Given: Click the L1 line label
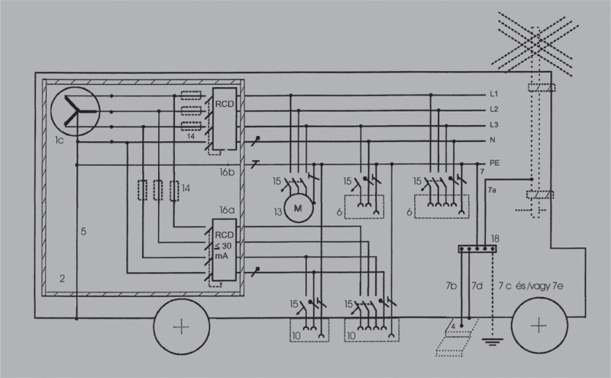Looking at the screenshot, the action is click(x=493, y=94).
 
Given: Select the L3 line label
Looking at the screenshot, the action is click(x=493, y=124).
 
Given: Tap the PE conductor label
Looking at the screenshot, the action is click(x=494, y=163).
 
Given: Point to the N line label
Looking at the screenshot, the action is click(x=493, y=140).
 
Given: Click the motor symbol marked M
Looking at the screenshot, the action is click(x=299, y=208).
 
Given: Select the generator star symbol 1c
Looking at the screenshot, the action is click(x=75, y=111).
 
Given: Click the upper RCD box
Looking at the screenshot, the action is click(x=225, y=118).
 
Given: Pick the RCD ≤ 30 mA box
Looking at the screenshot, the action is click(x=225, y=250).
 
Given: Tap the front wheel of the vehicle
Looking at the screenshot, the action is click(x=539, y=325).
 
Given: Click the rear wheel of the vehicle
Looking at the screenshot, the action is click(x=182, y=327).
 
